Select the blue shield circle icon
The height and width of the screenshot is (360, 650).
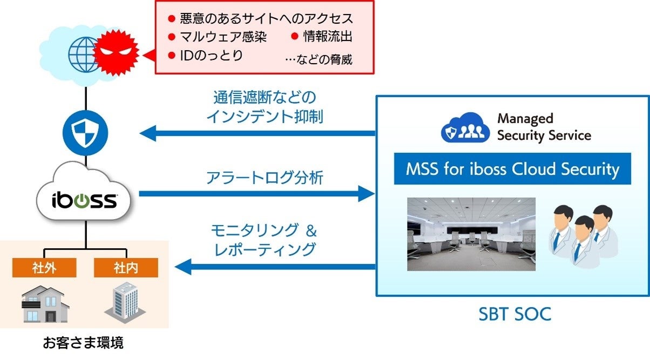[x=85, y=132]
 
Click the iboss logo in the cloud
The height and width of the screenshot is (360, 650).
[x=85, y=200]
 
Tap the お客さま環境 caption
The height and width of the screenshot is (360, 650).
[x=83, y=342]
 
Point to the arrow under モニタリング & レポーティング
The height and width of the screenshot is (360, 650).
[x=275, y=266]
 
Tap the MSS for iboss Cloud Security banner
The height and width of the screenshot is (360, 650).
[x=512, y=169]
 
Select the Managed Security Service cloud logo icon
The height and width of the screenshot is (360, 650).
[x=465, y=127]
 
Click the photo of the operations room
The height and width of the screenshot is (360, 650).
[x=471, y=234]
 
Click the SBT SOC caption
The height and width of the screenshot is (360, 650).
[x=514, y=314]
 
